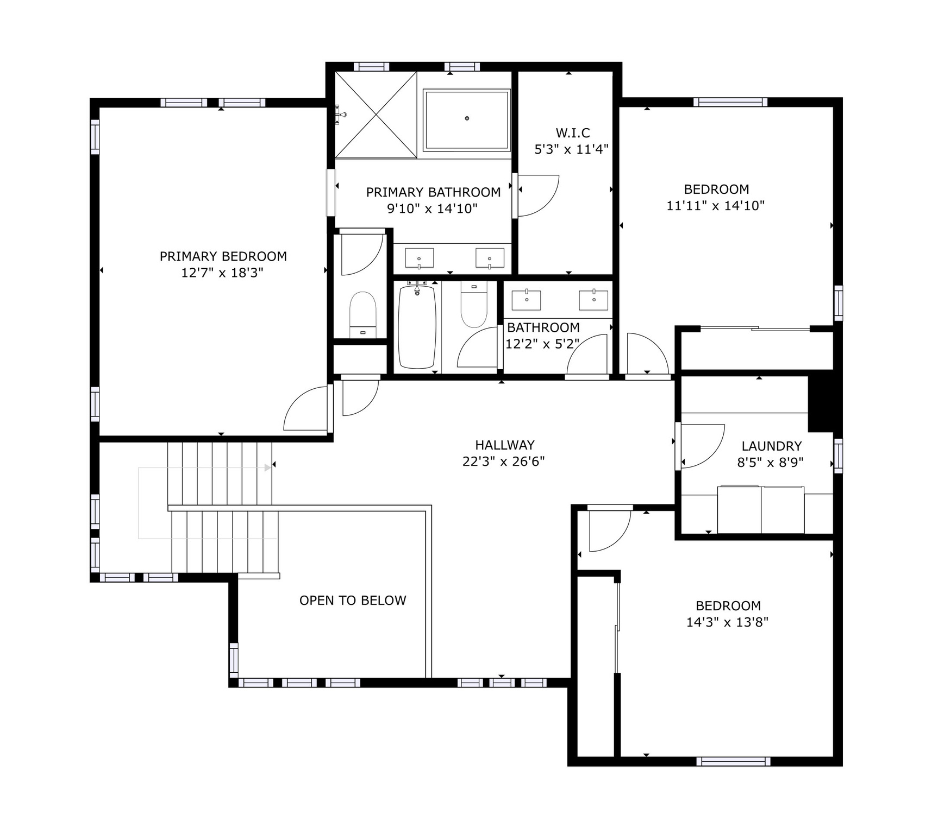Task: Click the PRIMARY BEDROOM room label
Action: pyautogui.click(x=223, y=256)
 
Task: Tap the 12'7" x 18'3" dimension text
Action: pyautogui.click(x=222, y=273)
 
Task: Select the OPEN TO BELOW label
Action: pyautogui.click(x=353, y=601)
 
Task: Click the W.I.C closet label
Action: pyautogui.click(x=572, y=133)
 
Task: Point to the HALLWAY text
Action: pyautogui.click(x=504, y=445)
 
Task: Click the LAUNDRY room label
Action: pyautogui.click(x=771, y=446)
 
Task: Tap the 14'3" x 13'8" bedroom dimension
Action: pyautogui.click(x=727, y=622)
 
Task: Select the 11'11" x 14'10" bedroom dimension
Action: pyautogui.click(x=715, y=206)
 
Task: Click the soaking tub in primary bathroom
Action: pyautogui.click(x=466, y=119)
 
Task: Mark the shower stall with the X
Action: pyautogui.click(x=376, y=115)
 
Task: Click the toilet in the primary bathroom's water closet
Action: pyautogui.click(x=362, y=315)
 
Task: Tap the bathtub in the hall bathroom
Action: pyautogui.click(x=417, y=327)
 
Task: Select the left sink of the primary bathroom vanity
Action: pyautogui.click(x=419, y=258)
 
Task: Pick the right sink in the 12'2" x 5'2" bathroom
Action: pyautogui.click(x=593, y=300)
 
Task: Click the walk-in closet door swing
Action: pyautogui.click(x=538, y=195)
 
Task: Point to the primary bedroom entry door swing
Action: pyautogui.click(x=306, y=409)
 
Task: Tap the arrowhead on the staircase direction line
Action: pyautogui.click(x=267, y=467)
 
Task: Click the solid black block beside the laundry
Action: pyautogui.click(x=821, y=402)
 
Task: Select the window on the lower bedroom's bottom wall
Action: pyautogui.click(x=733, y=761)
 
